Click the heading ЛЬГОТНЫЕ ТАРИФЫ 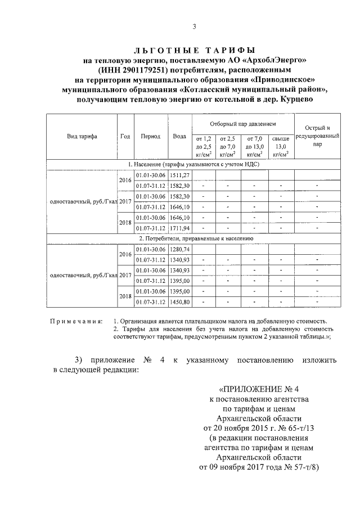click(193, 50)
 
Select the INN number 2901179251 click(150, 70)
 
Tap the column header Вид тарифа click(82, 136)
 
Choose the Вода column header click(179, 136)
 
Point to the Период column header click(151, 136)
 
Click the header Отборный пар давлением click(243, 123)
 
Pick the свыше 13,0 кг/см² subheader click(281, 146)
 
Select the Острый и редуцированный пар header click(317, 136)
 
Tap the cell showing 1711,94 click(179, 228)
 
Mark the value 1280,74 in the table click(179, 249)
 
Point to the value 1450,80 click(179, 301)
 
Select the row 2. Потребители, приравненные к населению click(194, 238)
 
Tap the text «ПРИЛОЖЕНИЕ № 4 click(263, 389)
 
